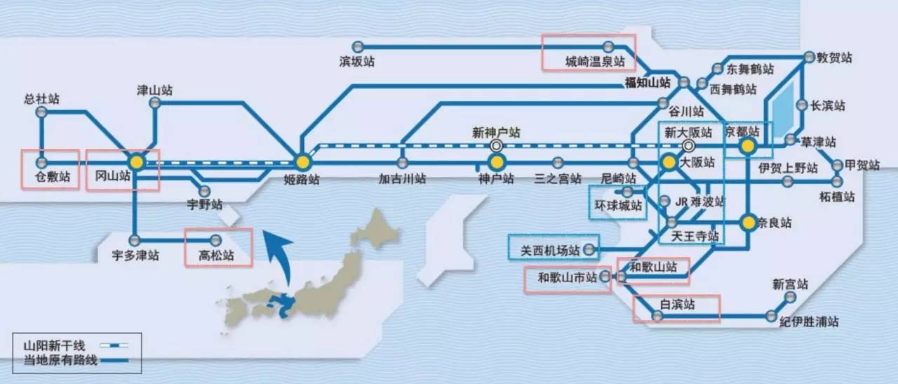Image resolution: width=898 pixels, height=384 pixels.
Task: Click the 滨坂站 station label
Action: coord(357,62)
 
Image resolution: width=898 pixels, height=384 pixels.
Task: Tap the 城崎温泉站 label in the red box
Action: coord(595,62)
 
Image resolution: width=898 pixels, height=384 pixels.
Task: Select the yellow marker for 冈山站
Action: coord(137,162)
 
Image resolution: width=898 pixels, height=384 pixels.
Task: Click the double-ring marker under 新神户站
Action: coord(497,146)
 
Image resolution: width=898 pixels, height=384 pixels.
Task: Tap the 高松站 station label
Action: coord(217,256)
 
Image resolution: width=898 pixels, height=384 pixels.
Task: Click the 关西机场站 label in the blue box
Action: coord(550,250)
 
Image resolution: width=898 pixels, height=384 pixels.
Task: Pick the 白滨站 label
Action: coord(677,305)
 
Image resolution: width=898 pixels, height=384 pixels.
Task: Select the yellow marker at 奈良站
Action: coord(749,223)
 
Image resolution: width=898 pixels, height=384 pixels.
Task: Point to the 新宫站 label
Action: coord(790,285)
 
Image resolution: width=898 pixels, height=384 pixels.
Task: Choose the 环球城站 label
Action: coord(617,206)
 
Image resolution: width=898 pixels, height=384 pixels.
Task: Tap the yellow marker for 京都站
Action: coord(748,146)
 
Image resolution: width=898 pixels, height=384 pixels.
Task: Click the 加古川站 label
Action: coord(401,179)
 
